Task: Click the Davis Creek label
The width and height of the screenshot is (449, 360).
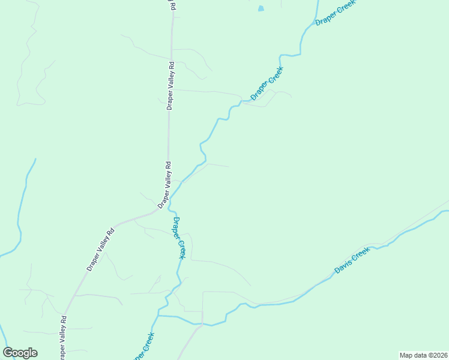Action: point(351,261)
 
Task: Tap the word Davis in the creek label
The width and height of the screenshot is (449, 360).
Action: point(342,267)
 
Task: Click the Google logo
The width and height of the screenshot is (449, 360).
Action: point(20,353)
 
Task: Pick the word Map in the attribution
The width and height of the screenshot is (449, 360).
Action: point(406,355)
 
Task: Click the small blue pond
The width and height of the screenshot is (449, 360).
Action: point(261,8)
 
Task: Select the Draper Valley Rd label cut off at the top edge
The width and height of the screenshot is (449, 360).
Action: point(172,5)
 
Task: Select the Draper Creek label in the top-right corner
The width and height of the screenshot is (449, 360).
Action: point(336,12)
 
